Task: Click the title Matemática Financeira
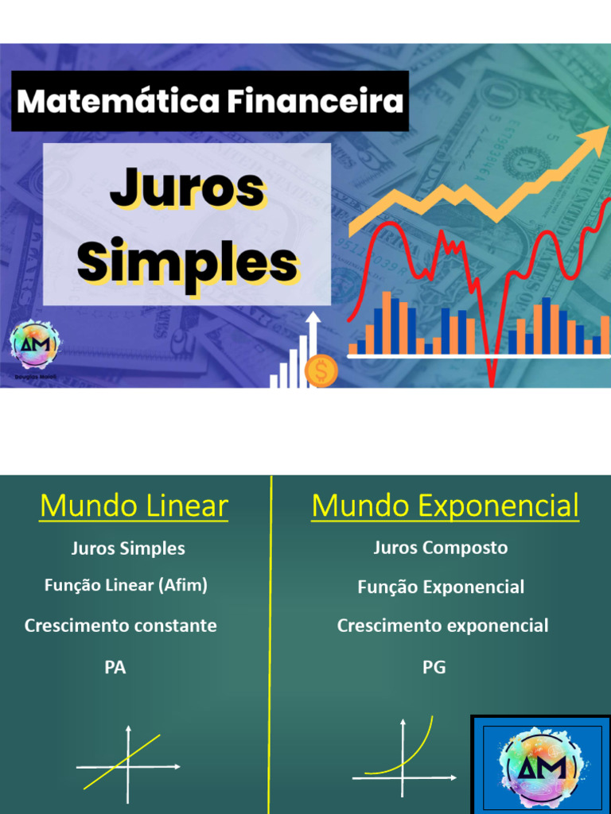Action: coord(210,102)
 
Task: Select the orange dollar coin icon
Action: coord(321,371)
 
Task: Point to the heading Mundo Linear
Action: coord(134,506)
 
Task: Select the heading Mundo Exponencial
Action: coord(445,506)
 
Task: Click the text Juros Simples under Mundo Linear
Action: coord(128,548)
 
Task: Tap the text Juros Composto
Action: coord(441,548)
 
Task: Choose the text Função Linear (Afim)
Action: coord(126,586)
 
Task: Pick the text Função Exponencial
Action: coord(441,587)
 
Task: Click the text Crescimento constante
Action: coord(121,626)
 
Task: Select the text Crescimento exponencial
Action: coord(442,626)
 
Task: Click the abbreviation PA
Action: coord(115,668)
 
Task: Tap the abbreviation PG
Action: coord(434,668)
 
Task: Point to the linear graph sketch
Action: coord(127,764)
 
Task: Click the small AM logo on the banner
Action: coord(34,345)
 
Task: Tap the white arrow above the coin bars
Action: coord(313,321)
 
